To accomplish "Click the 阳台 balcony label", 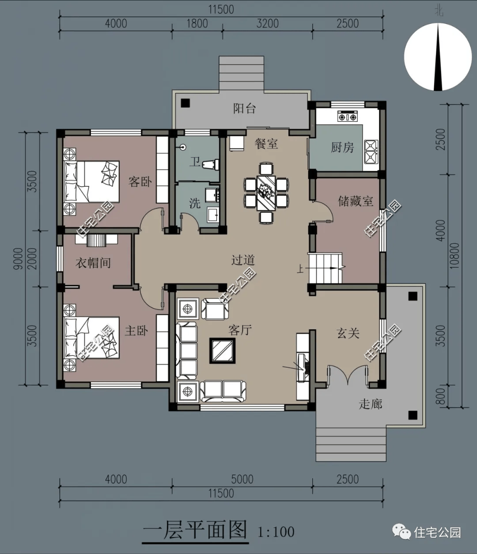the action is tap(244, 109).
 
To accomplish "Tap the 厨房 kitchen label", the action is tap(342, 147).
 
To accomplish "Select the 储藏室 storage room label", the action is tap(356, 201).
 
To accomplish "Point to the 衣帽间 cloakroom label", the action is tap(93, 263).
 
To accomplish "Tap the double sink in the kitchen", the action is tap(371, 152).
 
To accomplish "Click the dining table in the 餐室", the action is tap(266, 193).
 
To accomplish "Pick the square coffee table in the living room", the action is tap(222, 350).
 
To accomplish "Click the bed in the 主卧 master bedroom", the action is tap(91, 338).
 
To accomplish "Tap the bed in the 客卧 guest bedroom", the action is tap(91, 181).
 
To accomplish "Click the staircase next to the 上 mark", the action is tap(325, 268).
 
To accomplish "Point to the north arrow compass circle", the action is tap(438, 57).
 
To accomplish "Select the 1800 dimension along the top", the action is tap(197, 23).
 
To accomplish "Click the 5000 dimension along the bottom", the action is tap(242, 479).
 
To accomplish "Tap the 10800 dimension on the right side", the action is tap(455, 256).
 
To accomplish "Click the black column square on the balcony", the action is tap(185, 103).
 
